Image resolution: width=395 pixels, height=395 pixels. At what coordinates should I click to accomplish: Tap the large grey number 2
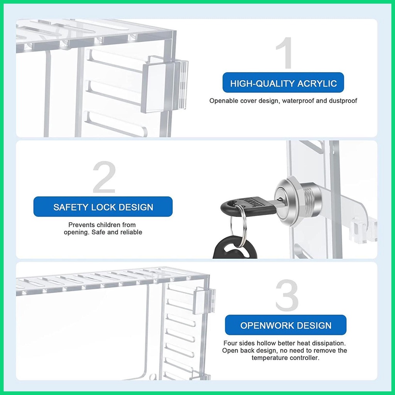coord(104,178)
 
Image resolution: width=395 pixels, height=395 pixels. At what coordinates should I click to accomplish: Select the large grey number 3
coord(287,296)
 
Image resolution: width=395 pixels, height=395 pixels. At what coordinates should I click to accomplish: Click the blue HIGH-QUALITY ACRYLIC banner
coord(283,83)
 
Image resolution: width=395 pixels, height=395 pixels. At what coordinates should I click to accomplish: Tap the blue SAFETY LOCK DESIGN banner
coord(103,207)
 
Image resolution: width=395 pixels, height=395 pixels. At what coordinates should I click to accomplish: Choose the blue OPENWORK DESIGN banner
coord(285,325)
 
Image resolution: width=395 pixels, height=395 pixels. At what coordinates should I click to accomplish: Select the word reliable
coord(130,232)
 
